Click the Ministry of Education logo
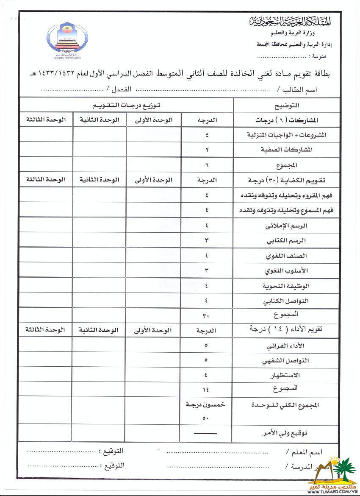68,41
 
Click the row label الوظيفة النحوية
286,286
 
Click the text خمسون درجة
206,404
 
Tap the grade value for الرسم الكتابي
206,241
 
